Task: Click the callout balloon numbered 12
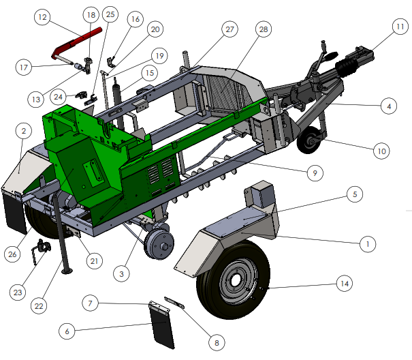tap(42, 17)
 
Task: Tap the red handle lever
tap(76, 42)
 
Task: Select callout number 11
tap(400, 27)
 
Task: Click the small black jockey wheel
tap(311, 140)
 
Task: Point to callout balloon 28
tap(264, 29)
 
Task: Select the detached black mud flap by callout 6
tap(162, 325)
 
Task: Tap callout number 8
tap(217, 343)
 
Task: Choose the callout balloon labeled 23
tap(18, 292)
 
